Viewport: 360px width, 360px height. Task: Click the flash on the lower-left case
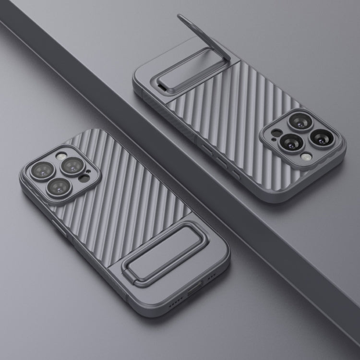point(61,156)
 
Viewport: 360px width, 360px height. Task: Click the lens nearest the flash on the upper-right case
point(291,142)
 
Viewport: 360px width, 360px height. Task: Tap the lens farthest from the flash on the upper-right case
point(298,120)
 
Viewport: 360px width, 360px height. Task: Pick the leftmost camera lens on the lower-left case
point(40,170)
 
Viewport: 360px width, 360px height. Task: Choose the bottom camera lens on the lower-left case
point(60,187)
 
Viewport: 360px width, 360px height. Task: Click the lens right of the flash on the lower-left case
point(73,166)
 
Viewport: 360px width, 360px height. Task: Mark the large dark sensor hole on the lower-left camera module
point(84,178)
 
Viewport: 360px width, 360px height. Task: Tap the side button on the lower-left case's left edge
point(61,230)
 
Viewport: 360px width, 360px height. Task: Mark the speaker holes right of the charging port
point(212,277)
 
